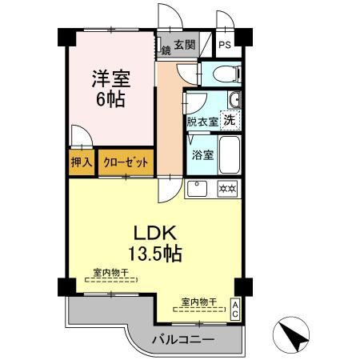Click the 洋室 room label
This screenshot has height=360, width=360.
click(111, 78)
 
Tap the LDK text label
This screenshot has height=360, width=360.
click(155, 233)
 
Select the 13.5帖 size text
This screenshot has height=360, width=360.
click(155, 254)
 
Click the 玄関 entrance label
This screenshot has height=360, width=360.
click(185, 45)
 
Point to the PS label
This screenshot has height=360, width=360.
click(225, 45)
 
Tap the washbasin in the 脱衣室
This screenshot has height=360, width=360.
click(234, 99)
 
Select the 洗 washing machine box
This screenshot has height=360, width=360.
click(230, 120)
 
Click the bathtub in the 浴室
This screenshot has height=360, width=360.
click(230, 155)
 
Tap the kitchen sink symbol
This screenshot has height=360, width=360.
click(197, 189)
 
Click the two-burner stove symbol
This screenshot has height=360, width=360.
click(227, 189)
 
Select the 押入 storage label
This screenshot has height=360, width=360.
click(82, 162)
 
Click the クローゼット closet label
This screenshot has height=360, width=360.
click(126, 162)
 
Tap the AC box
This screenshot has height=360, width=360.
click(235, 309)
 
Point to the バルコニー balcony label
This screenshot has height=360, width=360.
click(183, 340)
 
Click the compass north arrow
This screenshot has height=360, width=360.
click(294, 338)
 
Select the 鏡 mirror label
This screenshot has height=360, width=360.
click(166, 50)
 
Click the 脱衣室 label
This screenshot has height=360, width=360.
click(202, 122)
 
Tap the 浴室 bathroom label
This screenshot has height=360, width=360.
click(202, 155)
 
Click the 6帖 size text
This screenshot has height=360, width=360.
click(110, 99)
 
